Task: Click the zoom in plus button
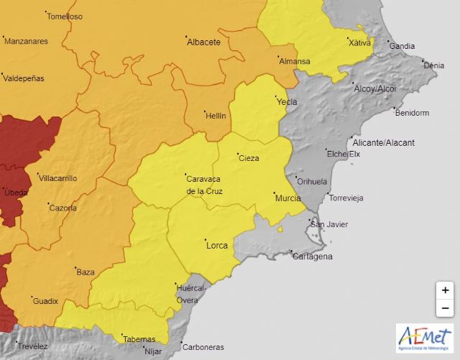[445, 290]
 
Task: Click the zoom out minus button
[445, 308]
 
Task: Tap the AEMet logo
[424, 338]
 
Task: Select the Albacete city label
[203, 42]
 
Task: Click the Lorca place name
[216, 246]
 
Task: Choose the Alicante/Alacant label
[384, 143]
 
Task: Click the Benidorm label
[412, 113]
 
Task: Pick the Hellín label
[215, 116]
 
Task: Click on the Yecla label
[287, 102]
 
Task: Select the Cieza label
[249, 159]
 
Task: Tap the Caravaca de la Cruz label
[204, 185]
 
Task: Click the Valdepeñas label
[24, 78]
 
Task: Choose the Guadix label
[45, 301]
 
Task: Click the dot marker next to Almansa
[278, 55]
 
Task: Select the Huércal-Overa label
[190, 294]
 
